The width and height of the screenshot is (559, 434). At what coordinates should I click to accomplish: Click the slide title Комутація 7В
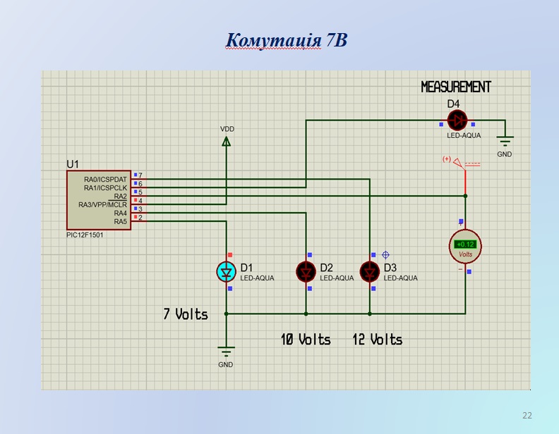286,39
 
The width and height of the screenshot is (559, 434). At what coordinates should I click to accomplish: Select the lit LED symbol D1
227,271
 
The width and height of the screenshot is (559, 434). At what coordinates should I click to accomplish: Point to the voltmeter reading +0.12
466,244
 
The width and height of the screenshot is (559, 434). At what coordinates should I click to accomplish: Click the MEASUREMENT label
456,87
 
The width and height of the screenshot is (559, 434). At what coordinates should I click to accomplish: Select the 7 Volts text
186,314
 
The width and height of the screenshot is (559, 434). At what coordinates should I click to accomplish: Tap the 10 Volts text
306,340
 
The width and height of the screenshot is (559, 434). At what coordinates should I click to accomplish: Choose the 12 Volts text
378,340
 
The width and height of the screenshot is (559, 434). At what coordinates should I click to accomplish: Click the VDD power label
227,129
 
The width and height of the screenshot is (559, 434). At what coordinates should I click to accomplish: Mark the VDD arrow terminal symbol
227,141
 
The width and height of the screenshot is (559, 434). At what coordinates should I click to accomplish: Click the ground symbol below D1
226,352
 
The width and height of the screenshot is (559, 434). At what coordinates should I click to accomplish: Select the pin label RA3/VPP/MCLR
102,205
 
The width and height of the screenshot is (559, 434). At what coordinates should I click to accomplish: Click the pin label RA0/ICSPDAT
105,180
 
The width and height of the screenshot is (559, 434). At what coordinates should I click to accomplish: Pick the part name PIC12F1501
85,235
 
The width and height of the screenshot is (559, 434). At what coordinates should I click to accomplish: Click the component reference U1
73,164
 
